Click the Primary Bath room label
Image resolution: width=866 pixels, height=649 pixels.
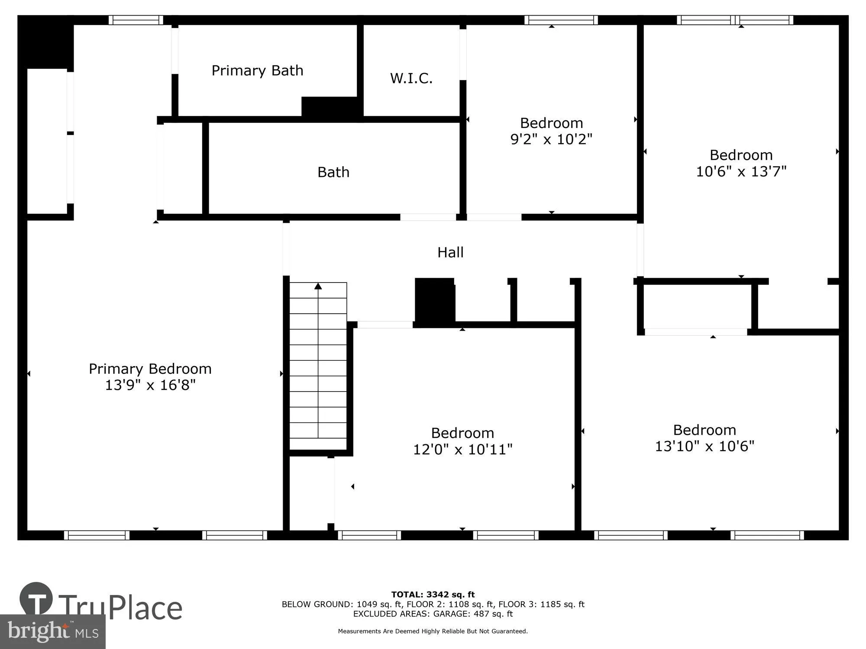pyautogui.click(x=257, y=71)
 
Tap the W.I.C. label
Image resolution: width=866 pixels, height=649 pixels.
pyautogui.click(x=411, y=78)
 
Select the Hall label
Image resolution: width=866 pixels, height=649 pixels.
pyautogui.click(x=450, y=252)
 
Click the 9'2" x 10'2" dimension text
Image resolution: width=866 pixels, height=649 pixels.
pyautogui.click(x=551, y=139)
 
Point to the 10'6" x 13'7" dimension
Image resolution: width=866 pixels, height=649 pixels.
pyautogui.click(x=741, y=171)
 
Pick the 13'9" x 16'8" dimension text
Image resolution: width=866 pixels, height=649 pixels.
pyautogui.click(x=150, y=385)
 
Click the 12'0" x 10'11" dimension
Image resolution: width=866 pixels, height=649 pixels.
pyautogui.click(x=462, y=449)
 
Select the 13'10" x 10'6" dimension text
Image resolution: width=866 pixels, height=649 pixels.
pyautogui.click(x=704, y=446)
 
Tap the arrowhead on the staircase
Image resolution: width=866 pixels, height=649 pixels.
pyautogui.click(x=318, y=286)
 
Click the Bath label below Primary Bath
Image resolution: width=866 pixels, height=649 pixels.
pyautogui.click(x=333, y=172)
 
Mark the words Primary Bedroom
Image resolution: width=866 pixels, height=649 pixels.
pyautogui.click(x=150, y=369)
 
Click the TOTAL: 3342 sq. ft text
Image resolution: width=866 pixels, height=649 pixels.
pyautogui.click(x=433, y=594)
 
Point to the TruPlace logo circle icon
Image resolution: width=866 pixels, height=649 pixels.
pyautogui.click(x=36, y=599)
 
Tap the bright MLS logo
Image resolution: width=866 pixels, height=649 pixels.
pyautogui.click(x=52, y=632)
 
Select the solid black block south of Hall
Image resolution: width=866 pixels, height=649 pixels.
pyautogui.click(x=434, y=301)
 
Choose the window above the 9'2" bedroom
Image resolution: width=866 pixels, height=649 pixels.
pyautogui.click(x=561, y=20)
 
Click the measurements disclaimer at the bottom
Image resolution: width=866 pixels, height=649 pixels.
pyautogui.click(x=433, y=631)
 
